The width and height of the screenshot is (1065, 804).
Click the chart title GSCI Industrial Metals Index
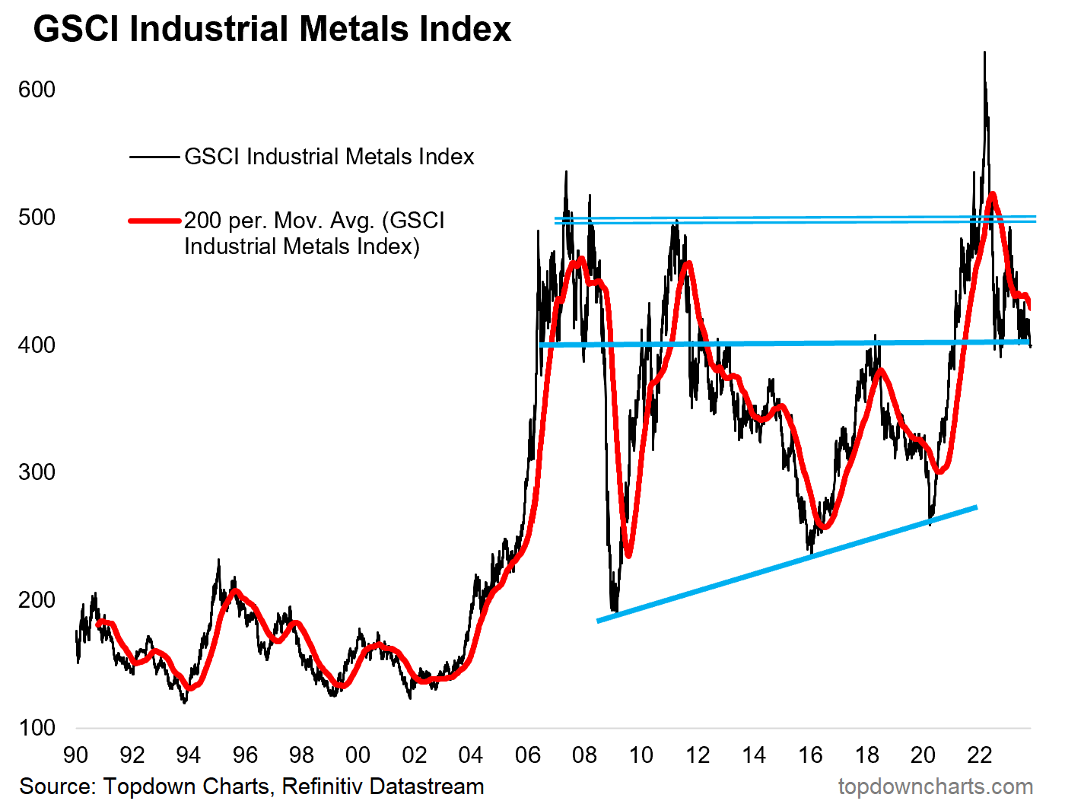pyautogui.click(x=272, y=29)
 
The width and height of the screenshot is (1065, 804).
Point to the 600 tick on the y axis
pyautogui.click(x=37, y=90)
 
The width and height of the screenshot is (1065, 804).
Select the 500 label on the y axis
pyautogui.click(x=37, y=218)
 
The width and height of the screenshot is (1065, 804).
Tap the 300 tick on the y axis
pyautogui.click(x=37, y=472)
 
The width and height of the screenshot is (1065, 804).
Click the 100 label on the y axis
pyautogui.click(x=37, y=727)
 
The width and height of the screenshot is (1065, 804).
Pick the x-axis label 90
pyautogui.click(x=75, y=755)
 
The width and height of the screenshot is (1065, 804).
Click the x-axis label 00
pyautogui.click(x=358, y=755)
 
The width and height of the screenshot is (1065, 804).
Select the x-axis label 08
pyautogui.click(x=584, y=755)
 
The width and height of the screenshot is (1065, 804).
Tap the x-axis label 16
pyautogui.click(x=810, y=755)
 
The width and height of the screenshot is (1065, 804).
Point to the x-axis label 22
pyautogui.click(x=980, y=755)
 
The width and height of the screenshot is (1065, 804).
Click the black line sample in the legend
pyautogui.click(x=154, y=157)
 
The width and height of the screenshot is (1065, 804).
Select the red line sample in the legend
pyautogui.click(x=154, y=221)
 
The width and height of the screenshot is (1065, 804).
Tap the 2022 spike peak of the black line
pyautogui.click(x=984, y=53)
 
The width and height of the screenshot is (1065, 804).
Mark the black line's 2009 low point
pyautogui.click(x=614, y=611)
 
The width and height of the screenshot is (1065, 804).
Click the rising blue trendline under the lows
pyautogui.click(x=787, y=564)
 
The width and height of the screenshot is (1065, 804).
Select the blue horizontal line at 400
pyautogui.click(x=784, y=344)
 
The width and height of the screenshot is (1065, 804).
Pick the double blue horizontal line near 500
pyautogui.click(x=795, y=220)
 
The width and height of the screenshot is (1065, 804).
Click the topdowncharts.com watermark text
pyautogui.click(x=935, y=786)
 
